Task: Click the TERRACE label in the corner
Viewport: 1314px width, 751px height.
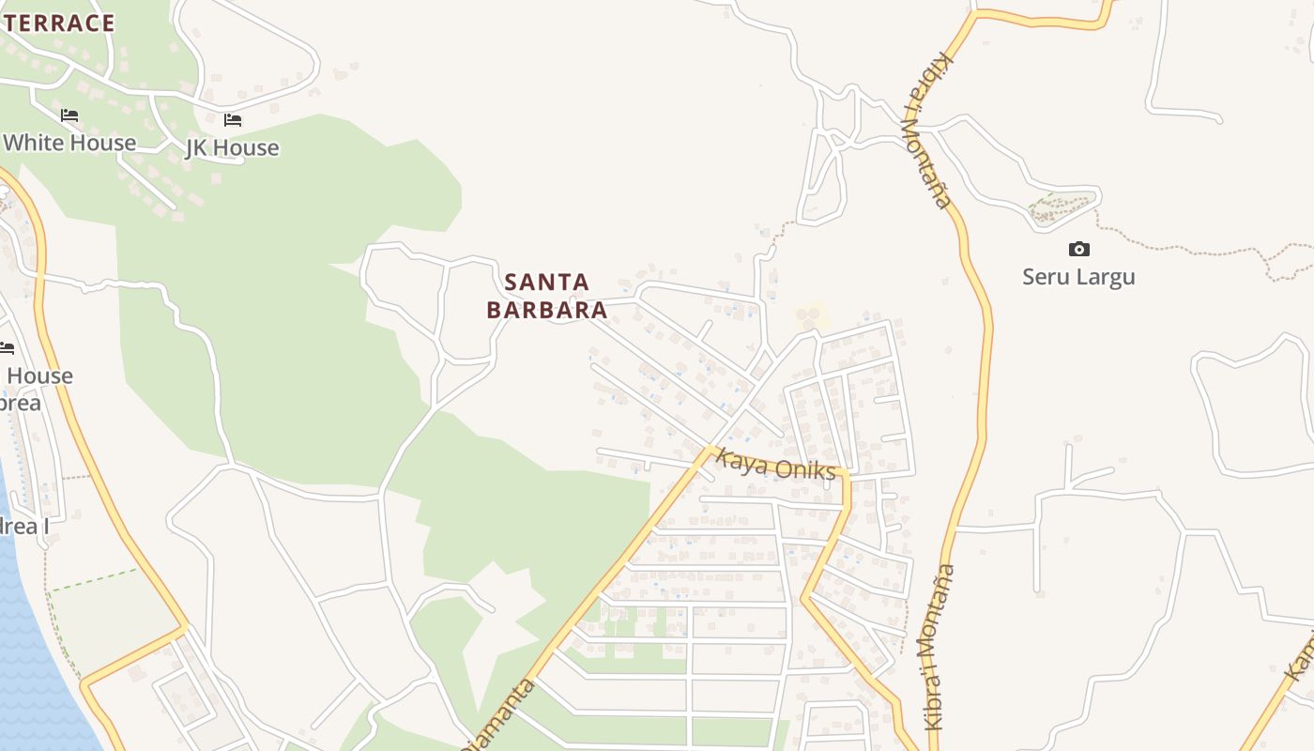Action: (x=58, y=23)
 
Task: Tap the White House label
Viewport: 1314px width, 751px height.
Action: (x=70, y=143)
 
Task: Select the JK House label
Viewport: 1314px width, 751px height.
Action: (x=233, y=147)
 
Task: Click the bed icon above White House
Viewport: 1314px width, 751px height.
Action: (x=69, y=115)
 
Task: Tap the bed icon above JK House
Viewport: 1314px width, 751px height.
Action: (x=233, y=119)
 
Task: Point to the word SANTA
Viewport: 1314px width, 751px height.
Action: (x=547, y=282)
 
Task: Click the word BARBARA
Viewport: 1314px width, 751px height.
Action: (x=547, y=310)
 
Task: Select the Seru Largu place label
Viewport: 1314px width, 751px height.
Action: (x=1078, y=277)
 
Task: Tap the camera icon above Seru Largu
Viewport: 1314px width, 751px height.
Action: (x=1079, y=249)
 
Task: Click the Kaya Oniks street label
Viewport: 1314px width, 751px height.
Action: (x=775, y=465)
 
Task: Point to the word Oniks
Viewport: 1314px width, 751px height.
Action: (x=804, y=469)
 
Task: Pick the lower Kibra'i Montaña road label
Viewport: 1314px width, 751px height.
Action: (x=940, y=647)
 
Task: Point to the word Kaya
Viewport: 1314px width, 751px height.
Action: (x=737, y=459)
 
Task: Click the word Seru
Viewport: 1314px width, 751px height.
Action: (x=1045, y=277)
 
